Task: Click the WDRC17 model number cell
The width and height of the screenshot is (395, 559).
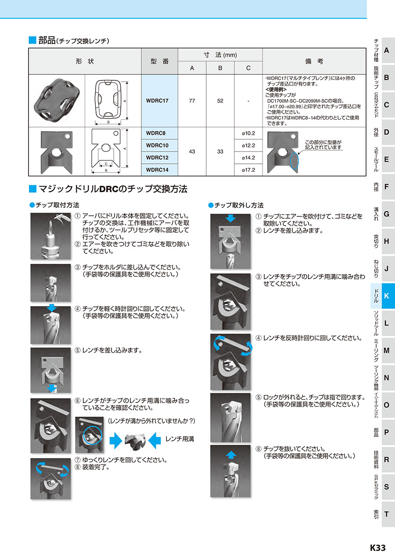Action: coord(157,101)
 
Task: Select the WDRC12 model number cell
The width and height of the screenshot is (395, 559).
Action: coord(157,157)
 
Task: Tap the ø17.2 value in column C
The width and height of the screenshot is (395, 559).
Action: coord(248,170)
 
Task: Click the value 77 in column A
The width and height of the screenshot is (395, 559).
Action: coord(192,101)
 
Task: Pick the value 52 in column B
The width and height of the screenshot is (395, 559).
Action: coord(220,101)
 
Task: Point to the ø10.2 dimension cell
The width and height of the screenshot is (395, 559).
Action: coord(248,133)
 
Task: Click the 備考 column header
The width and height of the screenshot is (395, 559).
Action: coord(314,61)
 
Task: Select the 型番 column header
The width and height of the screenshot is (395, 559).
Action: coord(159,61)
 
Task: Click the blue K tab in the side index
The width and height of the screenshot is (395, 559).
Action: coord(386,296)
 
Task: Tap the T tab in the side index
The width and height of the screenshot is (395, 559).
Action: coord(386,514)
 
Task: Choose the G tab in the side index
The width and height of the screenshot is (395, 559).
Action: coord(386,214)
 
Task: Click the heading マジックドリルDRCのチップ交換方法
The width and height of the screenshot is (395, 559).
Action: coord(113,189)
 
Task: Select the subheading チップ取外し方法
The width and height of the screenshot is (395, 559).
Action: coord(238,205)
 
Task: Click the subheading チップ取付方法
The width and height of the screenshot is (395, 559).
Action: coord(57,205)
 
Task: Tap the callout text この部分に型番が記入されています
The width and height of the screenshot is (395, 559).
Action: coord(323,145)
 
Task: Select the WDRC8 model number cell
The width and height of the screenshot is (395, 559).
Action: coord(157,133)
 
